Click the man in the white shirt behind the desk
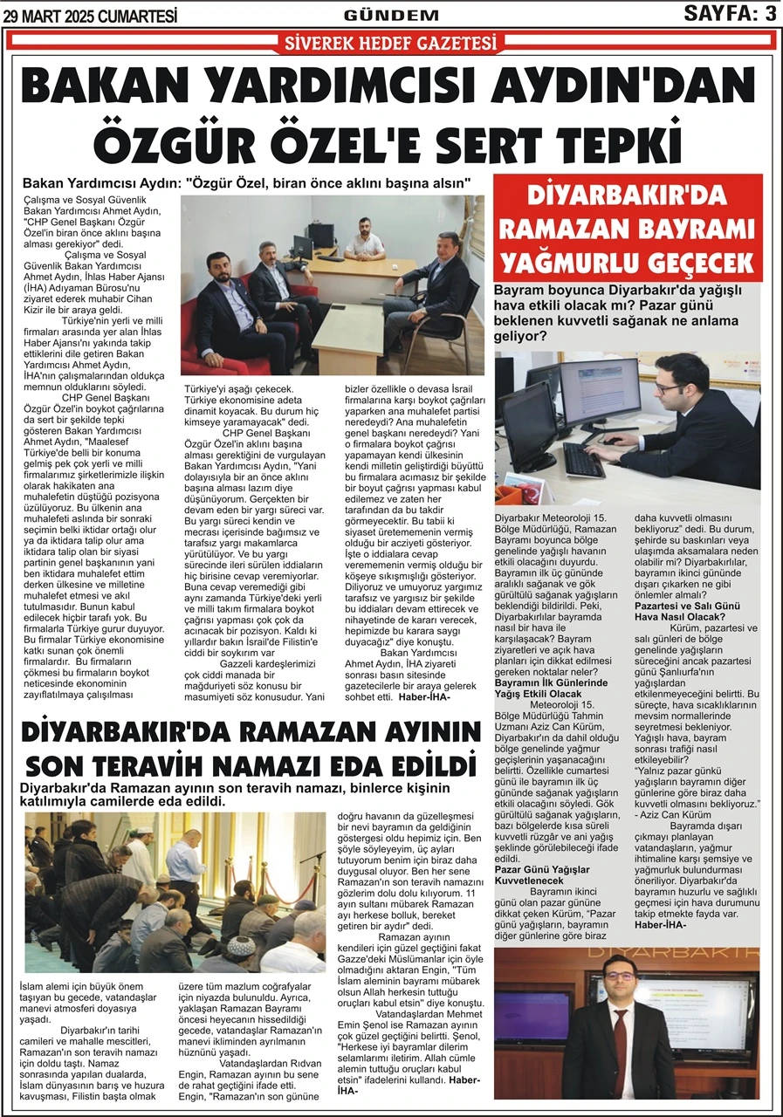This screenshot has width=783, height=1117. tap(362, 237)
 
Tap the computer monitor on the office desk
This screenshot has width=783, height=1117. tap(303, 250)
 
